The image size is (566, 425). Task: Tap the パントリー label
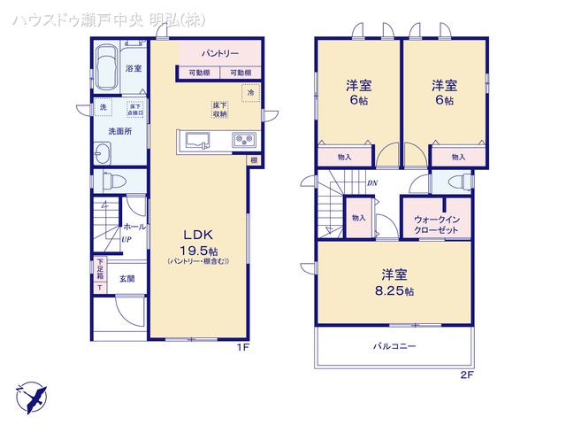(219, 54)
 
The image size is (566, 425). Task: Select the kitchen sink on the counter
(195, 140)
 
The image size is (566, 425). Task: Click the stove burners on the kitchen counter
(243, 140)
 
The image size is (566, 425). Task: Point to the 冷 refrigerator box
(250, 93)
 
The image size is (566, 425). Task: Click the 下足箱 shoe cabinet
(99, 274)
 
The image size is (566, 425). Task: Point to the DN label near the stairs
(372, 183)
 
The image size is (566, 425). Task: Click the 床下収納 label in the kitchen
(219, 109)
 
